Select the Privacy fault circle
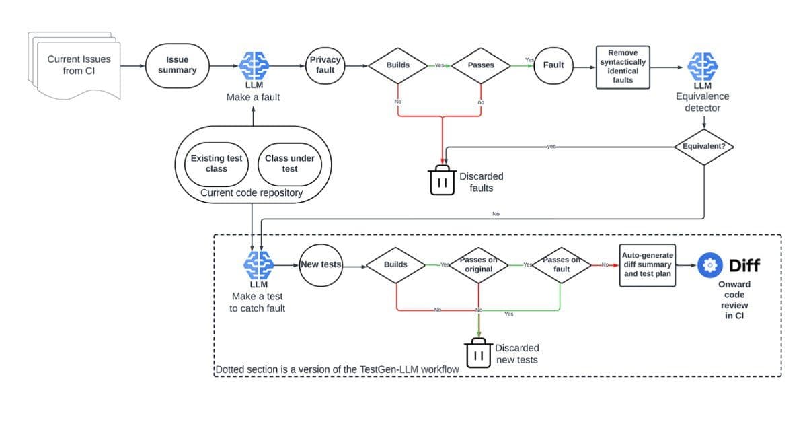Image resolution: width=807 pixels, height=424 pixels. [x=325, y=65]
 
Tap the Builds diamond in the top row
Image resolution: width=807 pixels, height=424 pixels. [x=397, y=65]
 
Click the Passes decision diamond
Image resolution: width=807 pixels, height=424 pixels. [x=480, y=65]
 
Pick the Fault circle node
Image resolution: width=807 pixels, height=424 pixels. [x=553, y=65]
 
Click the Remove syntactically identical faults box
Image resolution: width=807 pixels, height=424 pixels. [x=622, y=67]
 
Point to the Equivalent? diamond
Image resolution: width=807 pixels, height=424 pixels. [x=703, y=146]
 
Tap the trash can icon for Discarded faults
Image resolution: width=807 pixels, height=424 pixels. [x=442, y=180]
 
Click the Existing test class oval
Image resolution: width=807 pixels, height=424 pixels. [x=217, y=164]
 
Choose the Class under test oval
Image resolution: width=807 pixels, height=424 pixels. [x=290, y=164]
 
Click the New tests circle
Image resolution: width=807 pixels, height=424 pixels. [x=321, y=264]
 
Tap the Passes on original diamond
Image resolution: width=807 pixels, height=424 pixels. [x=478, y=264]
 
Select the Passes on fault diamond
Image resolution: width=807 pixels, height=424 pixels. [x=561, y=264]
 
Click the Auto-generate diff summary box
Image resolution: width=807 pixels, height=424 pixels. [x=647, y=265]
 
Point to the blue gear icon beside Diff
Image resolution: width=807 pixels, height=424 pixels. [x=709, y=265]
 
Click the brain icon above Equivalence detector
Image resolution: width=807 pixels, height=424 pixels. [x=703, y=66]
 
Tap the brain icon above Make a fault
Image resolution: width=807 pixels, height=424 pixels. [x=254, y=66]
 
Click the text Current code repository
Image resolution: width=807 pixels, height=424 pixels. [x=252, y=193]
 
